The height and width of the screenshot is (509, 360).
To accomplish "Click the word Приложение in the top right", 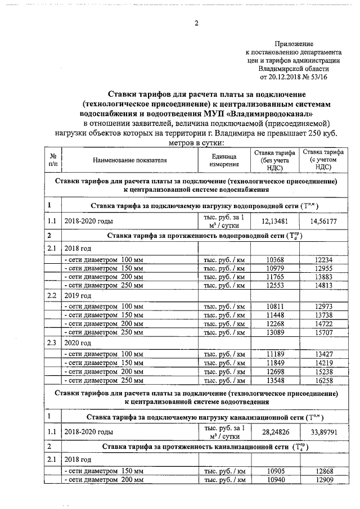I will click(x=294, y=43).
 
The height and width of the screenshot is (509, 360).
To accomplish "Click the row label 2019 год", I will click(x=78, y=295).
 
